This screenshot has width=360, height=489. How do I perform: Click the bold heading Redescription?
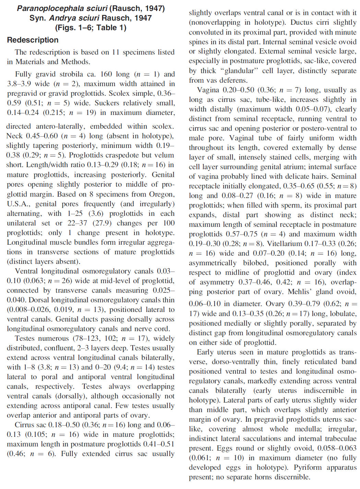pyautogui.click(x=33, y=40)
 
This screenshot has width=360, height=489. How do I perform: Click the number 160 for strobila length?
pyautogui.click(x=106, y=74)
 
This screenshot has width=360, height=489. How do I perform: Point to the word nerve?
pyautogui.click(x=144, y=329)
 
